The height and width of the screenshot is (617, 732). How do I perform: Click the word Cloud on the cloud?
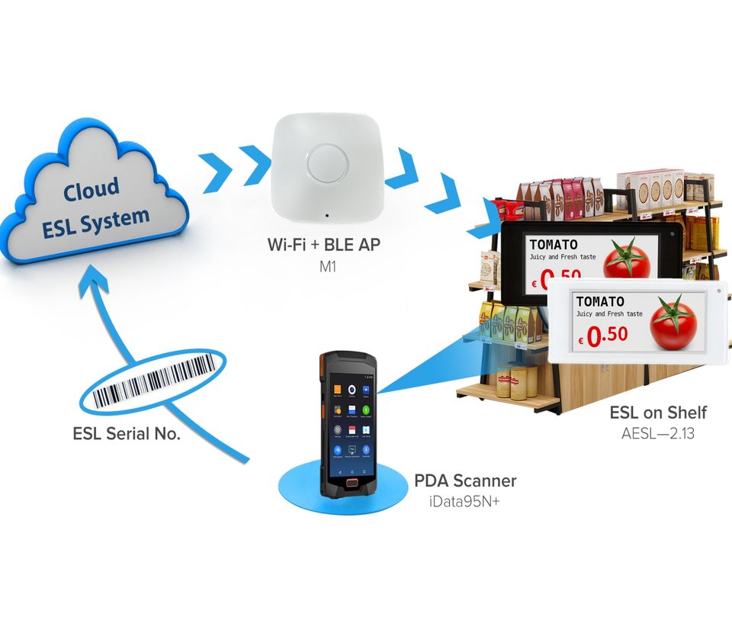point(91,188)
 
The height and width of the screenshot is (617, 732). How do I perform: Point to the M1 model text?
point(327,268)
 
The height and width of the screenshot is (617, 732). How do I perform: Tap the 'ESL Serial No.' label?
point(127,434)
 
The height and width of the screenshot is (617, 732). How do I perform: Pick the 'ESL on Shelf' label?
point(658,413)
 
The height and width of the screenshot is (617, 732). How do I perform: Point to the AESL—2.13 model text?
point(658,434)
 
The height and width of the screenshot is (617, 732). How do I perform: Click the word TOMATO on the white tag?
point(600,301)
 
